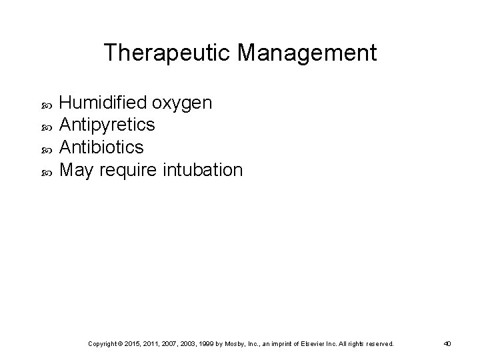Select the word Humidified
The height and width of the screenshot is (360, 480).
(104, 103)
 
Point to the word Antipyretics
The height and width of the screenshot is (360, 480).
(107, 125)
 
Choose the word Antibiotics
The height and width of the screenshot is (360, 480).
(101, 147)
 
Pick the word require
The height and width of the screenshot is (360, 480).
(133, 170)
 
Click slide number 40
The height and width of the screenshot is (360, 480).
(448, 343)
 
